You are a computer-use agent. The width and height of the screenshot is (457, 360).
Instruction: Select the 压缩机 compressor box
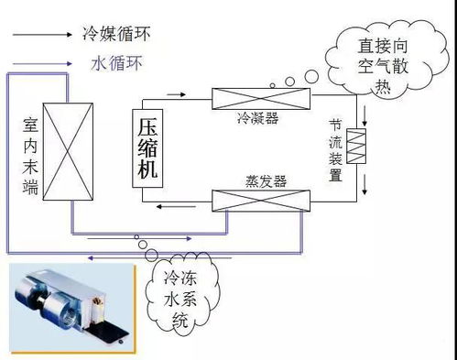147,147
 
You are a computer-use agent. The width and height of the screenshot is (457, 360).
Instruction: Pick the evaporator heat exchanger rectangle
259,201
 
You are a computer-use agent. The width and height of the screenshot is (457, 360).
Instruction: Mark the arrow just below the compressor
169,207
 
